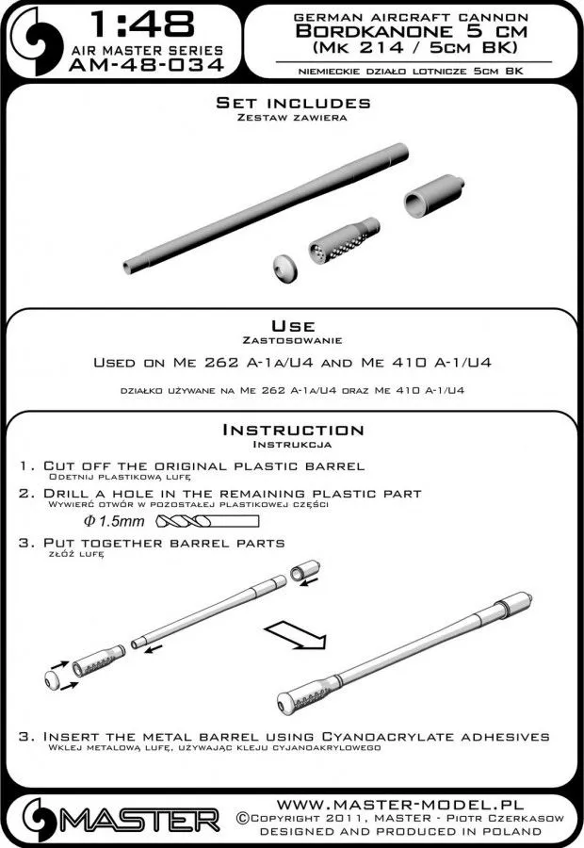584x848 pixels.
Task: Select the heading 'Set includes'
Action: (x=292, y=102)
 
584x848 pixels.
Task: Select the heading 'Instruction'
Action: (x=292, y=430)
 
